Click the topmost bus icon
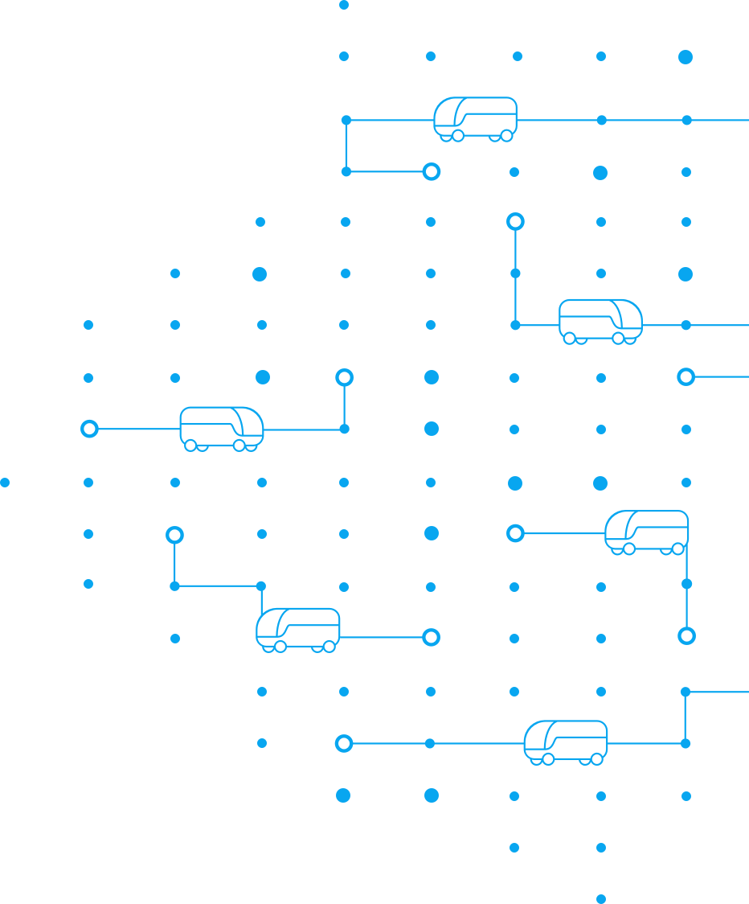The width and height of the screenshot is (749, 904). tap(475, 118)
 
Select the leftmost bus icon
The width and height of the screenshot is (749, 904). tap(221, 428)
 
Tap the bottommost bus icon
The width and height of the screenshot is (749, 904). tap(566, 742)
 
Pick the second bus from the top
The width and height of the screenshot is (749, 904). tap(600, 321)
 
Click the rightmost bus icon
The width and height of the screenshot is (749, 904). tap(647, 532)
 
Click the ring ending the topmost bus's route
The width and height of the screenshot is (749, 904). tap(432, 171)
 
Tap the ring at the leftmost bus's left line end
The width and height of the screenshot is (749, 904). tap(89, 429)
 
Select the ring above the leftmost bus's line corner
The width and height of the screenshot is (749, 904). tap(344, 377)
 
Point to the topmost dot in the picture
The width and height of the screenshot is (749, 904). tap(344, 5)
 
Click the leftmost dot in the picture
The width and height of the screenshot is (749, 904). tap(5, 483)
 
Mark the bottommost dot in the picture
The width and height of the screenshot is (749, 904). tap(601, 898)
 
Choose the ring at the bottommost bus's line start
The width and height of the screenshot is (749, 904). tap(344, 743)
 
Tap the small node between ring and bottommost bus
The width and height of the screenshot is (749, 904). tap(430, 743)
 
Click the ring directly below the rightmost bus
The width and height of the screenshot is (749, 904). tap(686, 636)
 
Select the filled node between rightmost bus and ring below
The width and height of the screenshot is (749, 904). tap(686, 584)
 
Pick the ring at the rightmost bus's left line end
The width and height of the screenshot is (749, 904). tap(515, 533)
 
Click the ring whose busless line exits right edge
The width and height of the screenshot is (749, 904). tap(686, 376)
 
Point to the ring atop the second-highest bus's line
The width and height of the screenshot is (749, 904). tap(515, 221)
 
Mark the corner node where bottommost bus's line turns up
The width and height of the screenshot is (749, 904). tap(686, 743)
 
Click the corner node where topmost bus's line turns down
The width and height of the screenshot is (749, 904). tap(346, 120)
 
